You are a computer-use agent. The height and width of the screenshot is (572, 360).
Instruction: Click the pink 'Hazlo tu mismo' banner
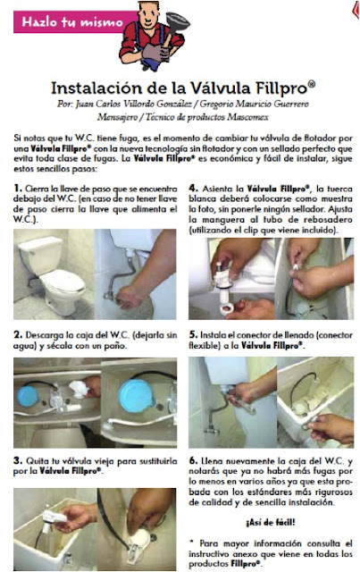pos(73,21)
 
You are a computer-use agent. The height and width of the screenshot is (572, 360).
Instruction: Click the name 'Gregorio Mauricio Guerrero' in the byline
pos(254,104)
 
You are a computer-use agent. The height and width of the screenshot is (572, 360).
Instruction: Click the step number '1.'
pos(18,189)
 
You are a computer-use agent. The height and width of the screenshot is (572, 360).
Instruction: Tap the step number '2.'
pos(18,334)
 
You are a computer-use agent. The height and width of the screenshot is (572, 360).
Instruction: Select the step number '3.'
pos(18,460)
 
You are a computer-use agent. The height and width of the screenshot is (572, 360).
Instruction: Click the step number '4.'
pos(193,189)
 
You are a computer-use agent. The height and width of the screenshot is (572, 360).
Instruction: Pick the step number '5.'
pos(193,334)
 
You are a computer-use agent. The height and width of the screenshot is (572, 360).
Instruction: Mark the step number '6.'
pos(193,460)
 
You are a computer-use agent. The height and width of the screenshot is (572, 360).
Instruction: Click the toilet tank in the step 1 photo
pos(40,255)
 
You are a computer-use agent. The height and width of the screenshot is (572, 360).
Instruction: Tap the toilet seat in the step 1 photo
pos(63,282)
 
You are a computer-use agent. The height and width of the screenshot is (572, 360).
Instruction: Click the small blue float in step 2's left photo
pos(28,397)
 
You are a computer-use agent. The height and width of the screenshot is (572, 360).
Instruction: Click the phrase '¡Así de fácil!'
pos(271,522)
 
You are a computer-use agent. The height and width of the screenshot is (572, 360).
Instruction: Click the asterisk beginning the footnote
pos(191,543)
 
